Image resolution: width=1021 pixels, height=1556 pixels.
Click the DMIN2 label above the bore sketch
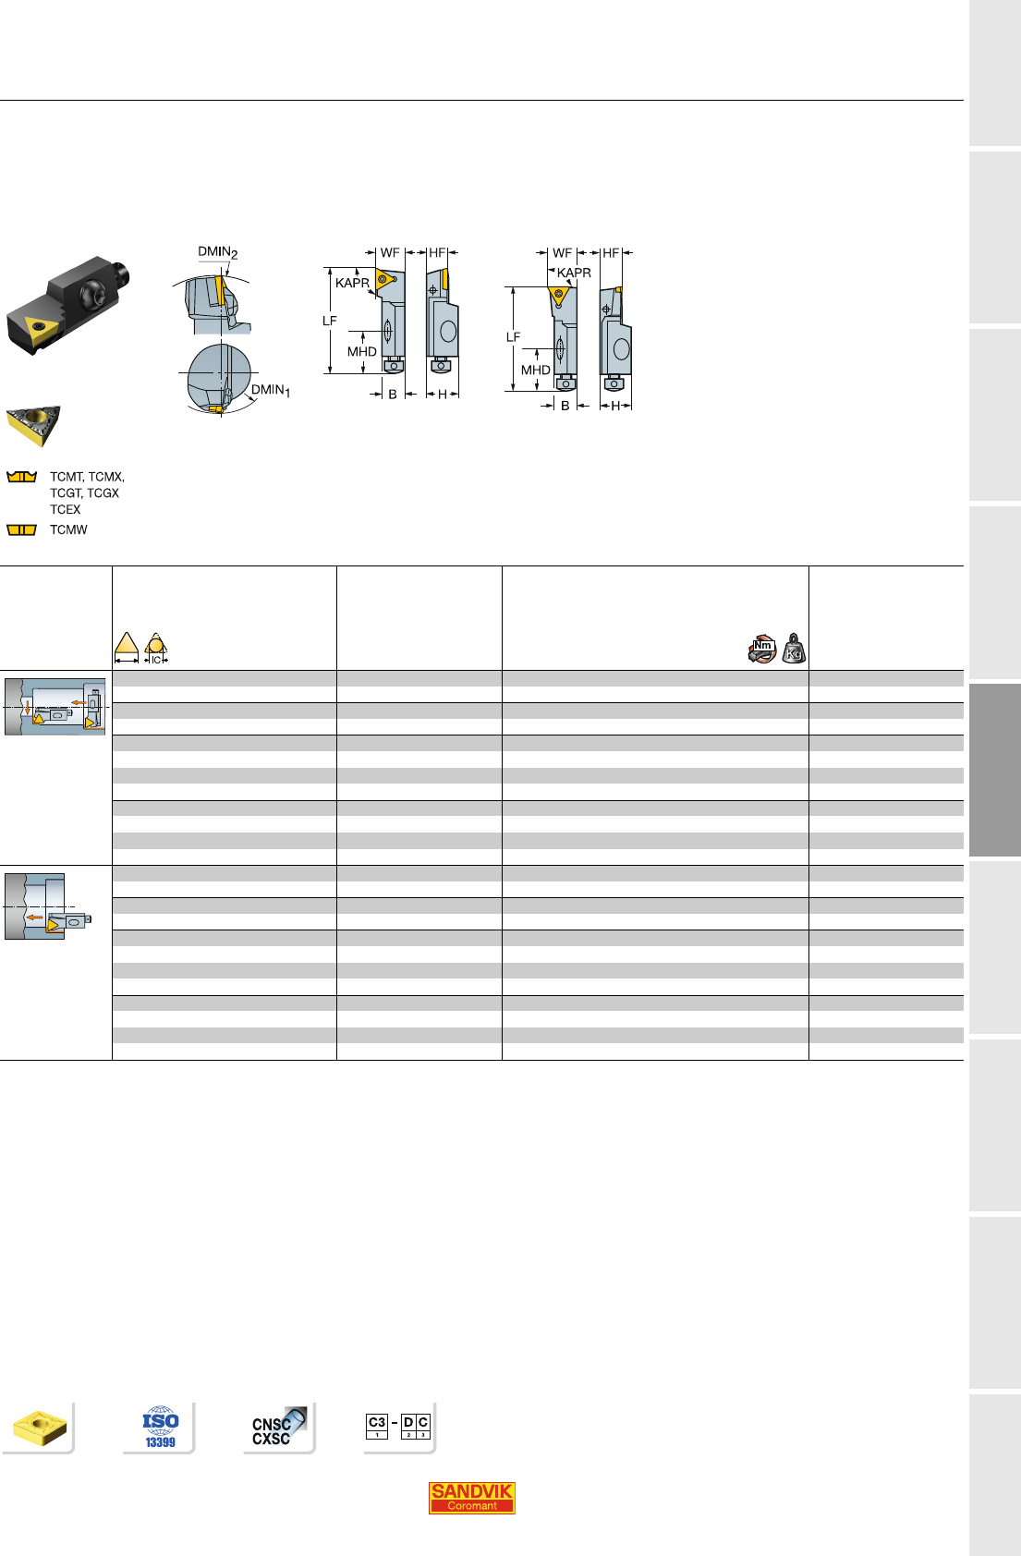[x=217, y=252]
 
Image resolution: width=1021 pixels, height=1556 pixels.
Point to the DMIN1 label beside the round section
[x=271, y=391]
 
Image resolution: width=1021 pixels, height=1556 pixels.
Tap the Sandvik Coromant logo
[x=472, y=1498]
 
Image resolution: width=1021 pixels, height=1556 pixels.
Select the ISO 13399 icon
[x=161, y=1428]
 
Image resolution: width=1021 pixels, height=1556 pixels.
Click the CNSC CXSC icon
[x=278, y=1428]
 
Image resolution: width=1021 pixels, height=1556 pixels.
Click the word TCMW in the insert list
[x=68, y=530]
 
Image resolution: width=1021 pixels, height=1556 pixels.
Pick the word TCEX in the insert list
[x=66, y=509]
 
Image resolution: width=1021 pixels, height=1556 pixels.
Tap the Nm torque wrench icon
[x=762, y=649]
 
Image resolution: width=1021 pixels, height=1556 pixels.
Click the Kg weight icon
[x=794, y=648]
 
